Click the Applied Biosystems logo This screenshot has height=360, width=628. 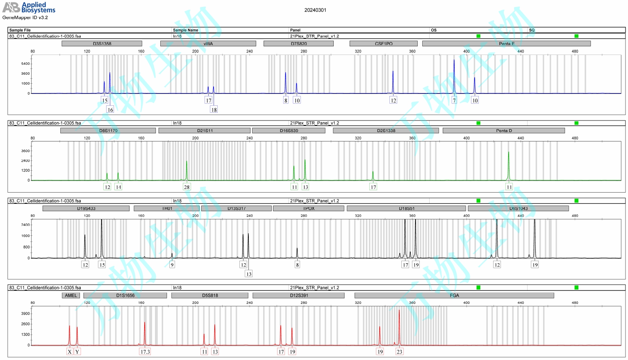(29, 7)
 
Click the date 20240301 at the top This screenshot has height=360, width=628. (315, 10)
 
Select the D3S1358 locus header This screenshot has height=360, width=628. (102, 43)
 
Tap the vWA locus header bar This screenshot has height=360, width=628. (208, 43)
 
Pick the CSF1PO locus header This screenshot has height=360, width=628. (384, 43)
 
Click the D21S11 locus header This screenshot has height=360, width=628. (205, 131)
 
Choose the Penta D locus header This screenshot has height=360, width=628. (504, 131)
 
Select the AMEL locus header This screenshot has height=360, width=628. (71, 296)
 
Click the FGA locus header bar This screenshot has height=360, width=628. (454, 296)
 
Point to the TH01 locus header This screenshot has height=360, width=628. (167, 209)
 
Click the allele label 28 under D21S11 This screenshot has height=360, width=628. (187, 187)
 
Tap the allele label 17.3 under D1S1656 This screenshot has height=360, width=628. (145, 352)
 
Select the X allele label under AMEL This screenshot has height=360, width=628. (70, 352)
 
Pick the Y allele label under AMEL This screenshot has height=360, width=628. (77, 352)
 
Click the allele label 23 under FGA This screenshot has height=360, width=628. (399, 352)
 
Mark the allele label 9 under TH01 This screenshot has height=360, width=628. (172, 265)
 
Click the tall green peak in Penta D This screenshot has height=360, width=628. (509, 164)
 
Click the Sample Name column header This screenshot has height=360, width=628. (185, 30)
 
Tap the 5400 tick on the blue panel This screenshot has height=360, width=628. (25, 64)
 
